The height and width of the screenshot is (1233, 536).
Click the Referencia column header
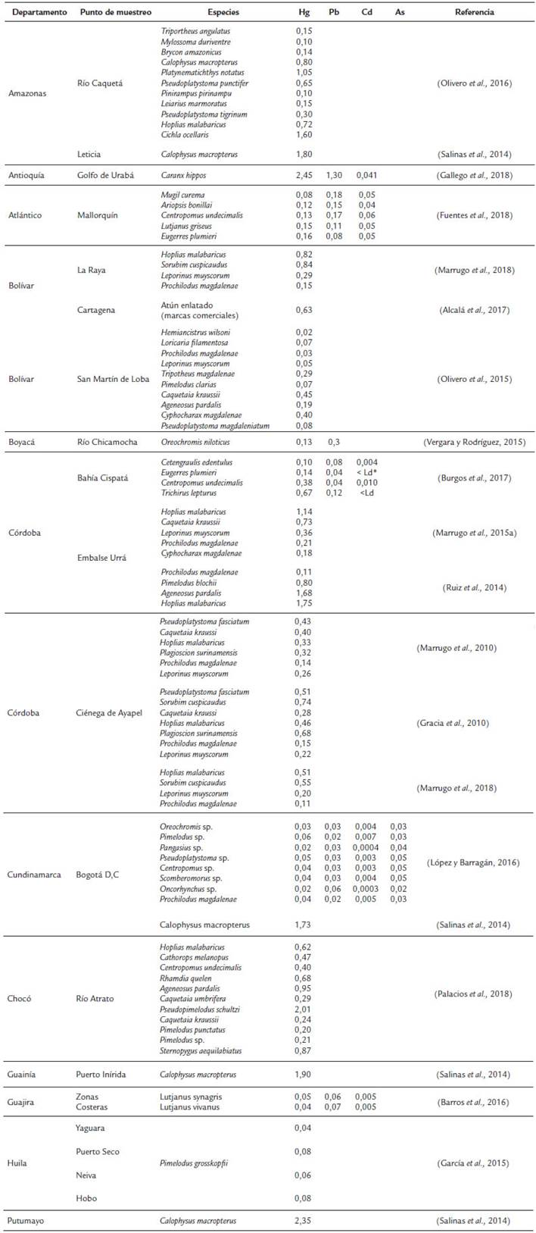tap(475, 12)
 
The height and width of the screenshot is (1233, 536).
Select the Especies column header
tap(223, 12)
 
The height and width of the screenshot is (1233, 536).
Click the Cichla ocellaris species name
tap(183, 135)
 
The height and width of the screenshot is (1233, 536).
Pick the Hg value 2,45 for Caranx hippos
tap(304, 175)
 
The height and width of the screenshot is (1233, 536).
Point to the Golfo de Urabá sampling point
tap(105, 175)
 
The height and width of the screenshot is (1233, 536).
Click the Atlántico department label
tap(25, 215)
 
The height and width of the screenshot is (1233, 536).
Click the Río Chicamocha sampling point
tap(107, 442)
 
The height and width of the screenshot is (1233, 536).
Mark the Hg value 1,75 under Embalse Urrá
tap(304, 604)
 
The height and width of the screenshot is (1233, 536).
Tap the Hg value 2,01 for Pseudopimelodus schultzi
tap(303, 1009)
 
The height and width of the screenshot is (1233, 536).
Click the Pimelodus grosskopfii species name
tap(193, 1163)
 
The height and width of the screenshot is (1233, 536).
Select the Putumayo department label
tap(26, 1221)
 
